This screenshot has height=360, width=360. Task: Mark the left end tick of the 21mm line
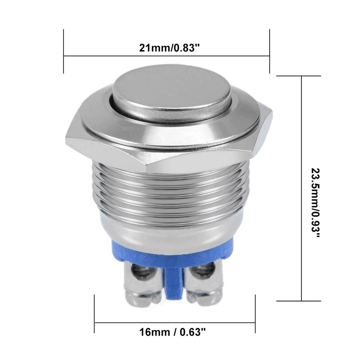[x=64, y=51]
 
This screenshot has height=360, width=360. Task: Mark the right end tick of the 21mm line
[x=270, y=51]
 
